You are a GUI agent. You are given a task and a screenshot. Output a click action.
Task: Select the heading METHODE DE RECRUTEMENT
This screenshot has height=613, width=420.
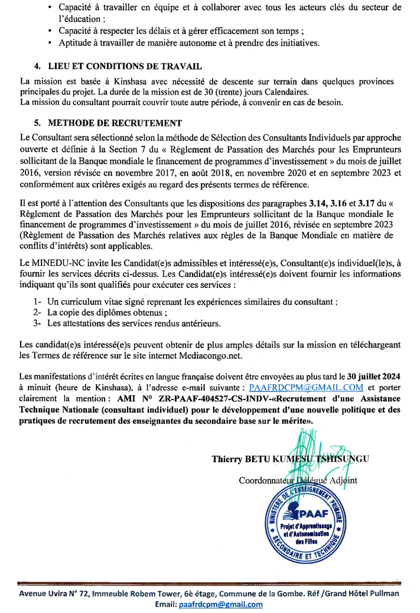point(115,124)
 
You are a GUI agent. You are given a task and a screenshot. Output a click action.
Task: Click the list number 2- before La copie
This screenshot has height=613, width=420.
point(37,312)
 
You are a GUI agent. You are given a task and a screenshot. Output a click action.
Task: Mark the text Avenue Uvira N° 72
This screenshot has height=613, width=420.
point(54,593)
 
